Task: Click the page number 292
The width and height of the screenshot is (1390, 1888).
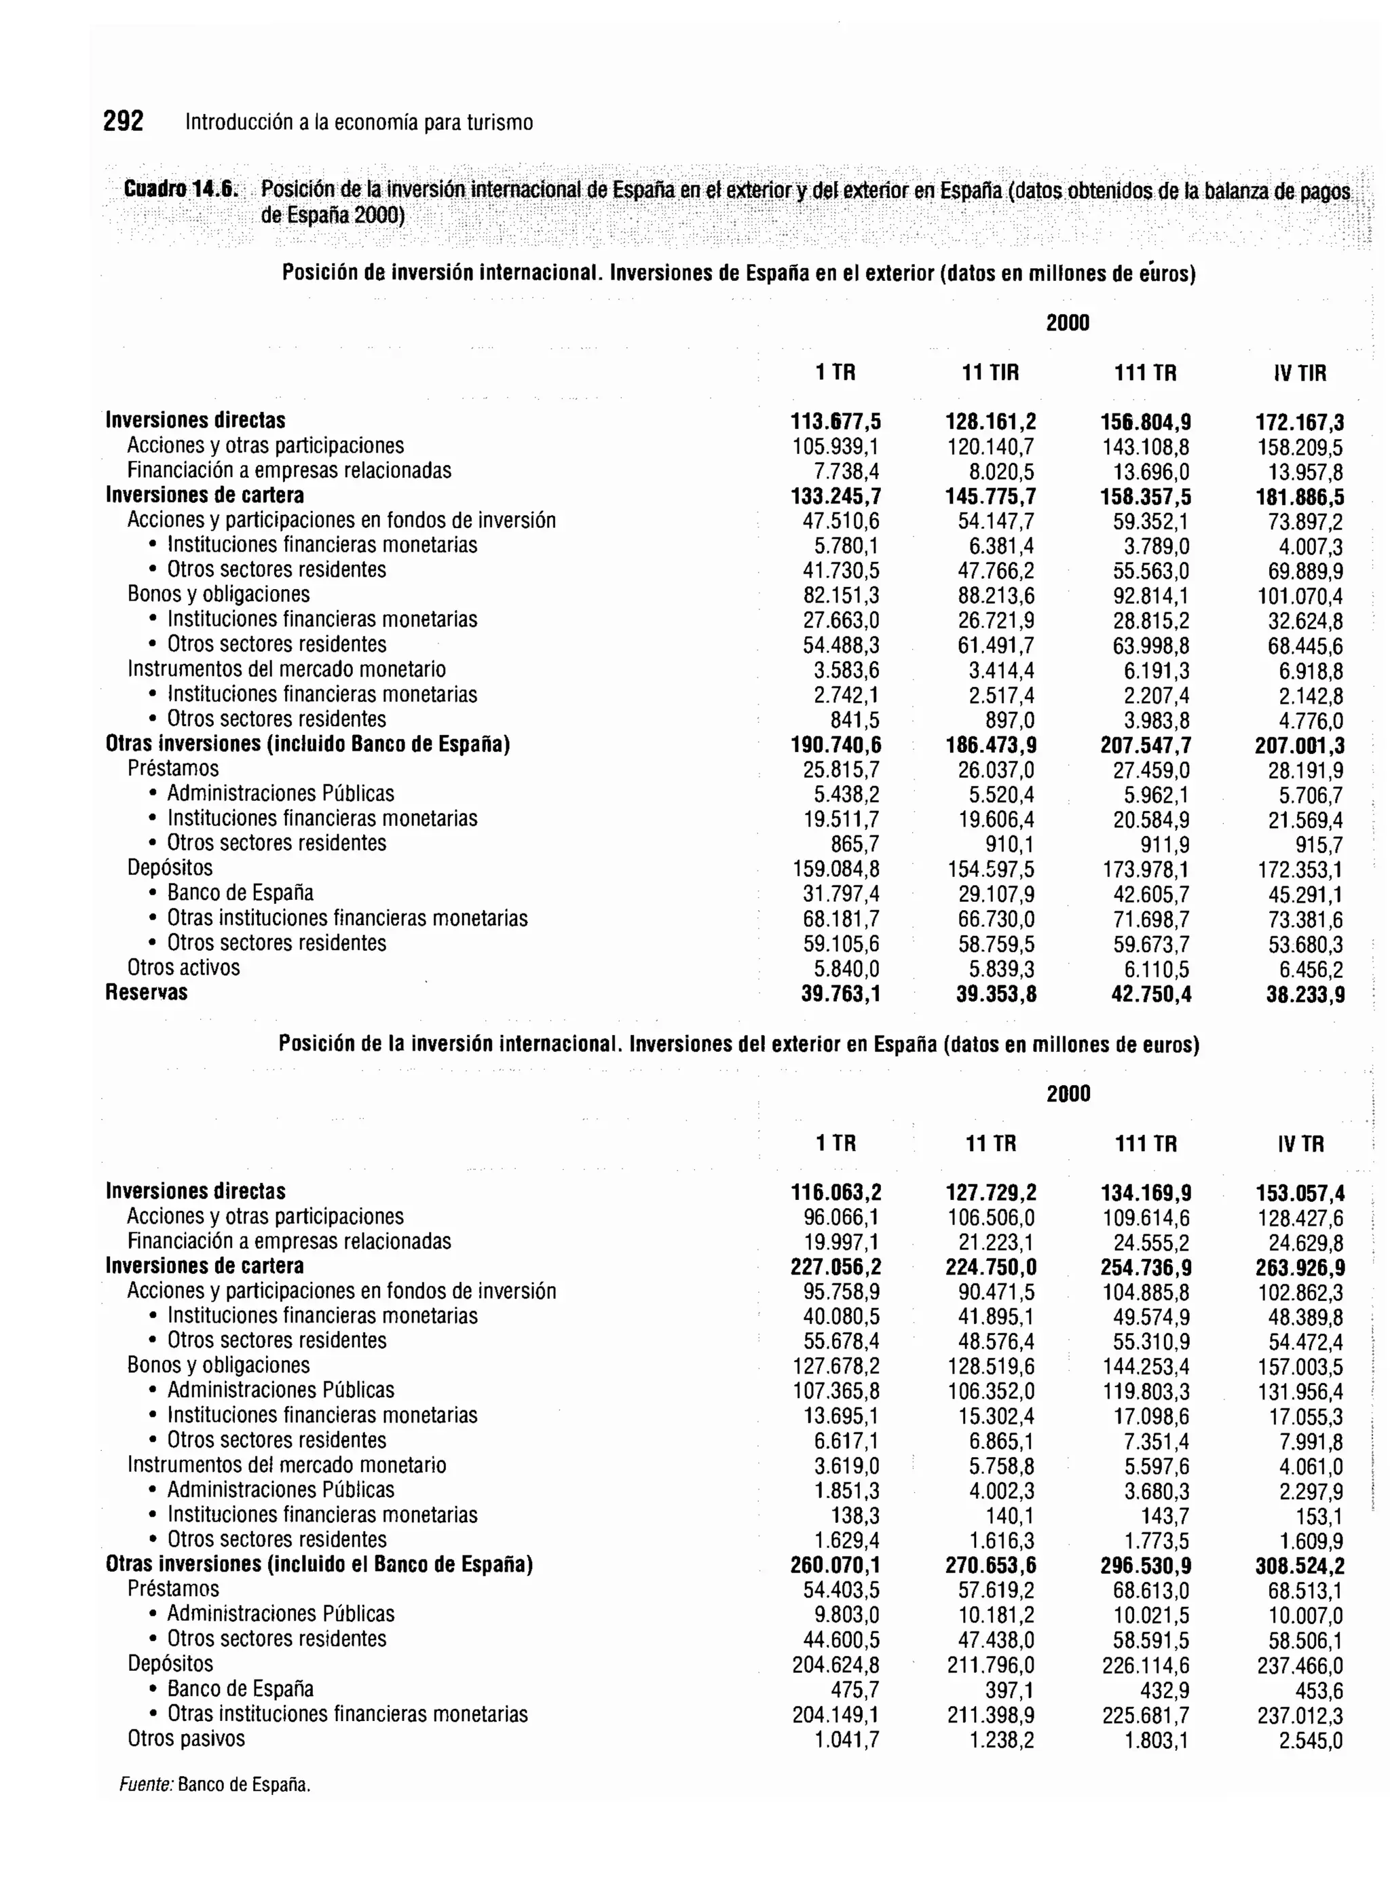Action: tap(123, 122)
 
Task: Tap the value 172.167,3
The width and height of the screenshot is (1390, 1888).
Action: tap(1299, 422)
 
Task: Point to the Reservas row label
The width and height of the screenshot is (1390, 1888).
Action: tap(147, 993)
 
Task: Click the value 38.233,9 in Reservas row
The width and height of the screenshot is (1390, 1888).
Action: tap(1305, 996)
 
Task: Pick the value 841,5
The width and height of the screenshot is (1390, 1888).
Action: tap(855, 721)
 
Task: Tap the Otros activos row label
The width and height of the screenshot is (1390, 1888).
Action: tap(183, 968)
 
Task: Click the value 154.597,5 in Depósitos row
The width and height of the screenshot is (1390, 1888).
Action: tap(990, 870)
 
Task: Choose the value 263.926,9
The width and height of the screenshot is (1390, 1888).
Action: tap(1299, 1268)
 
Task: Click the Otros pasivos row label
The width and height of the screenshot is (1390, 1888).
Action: tap(186, 1739)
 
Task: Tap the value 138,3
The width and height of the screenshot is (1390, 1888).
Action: tap(855, 1516)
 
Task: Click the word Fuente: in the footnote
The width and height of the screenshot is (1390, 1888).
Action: tap(145, 1785)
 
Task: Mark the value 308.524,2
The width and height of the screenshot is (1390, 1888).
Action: tap(1299, 1566)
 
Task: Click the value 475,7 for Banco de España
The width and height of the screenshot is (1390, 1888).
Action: tap(855, 1691)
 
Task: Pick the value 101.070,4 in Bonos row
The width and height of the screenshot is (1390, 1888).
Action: tap(1299, 597)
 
